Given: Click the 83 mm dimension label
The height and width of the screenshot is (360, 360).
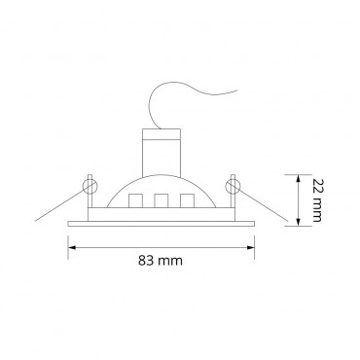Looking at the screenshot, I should click(x=162, y=261).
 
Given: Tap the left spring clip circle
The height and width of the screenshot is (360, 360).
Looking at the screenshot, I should click(x=90, y=182).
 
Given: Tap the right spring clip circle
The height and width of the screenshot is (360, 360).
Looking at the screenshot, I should click(x=233, y=182).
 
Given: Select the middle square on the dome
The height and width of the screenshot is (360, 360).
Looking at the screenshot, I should click(x=162, y=201).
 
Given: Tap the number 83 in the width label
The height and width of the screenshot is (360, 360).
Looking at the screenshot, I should click(x=148, y=261).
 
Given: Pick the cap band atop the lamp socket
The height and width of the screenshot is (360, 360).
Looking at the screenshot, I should click(x=162, y=131).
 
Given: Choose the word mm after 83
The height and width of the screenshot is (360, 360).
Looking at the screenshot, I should click(x=173, y=261).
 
